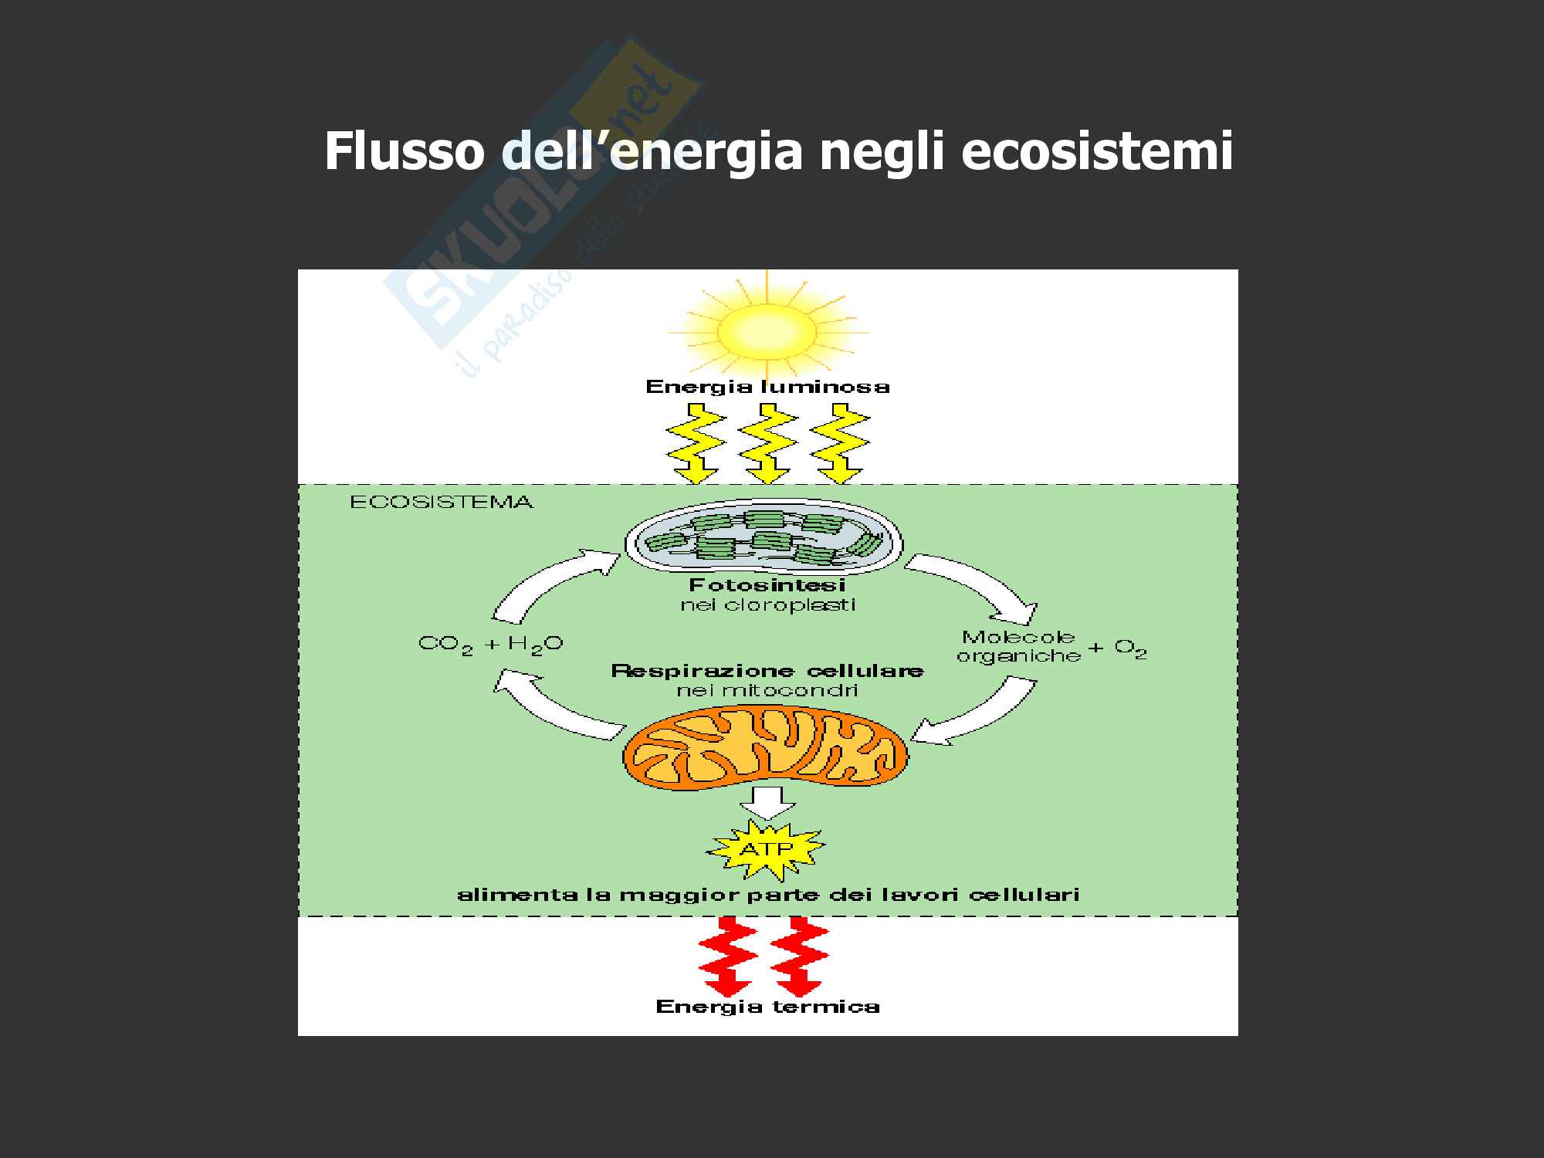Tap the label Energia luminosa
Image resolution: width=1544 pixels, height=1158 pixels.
click(x=767, y=387)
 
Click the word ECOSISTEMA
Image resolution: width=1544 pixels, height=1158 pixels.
click(x=441, y=503)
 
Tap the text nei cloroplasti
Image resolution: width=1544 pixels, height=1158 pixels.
click(x=767, y=604)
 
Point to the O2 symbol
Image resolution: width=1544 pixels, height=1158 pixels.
click(x=1130, y=649)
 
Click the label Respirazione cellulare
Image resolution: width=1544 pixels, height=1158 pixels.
click(x=767, y=671)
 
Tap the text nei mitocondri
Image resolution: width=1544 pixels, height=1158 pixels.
click(x=767, y=690)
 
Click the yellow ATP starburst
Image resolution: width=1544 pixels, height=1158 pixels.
click(x=764, y=850)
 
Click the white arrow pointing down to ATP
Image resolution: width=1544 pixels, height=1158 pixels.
click(x=767, y=804)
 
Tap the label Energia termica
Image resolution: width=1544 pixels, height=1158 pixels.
click(x=767, y=1007)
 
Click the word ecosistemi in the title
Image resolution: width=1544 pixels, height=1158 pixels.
click(x=1096, y=151)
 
